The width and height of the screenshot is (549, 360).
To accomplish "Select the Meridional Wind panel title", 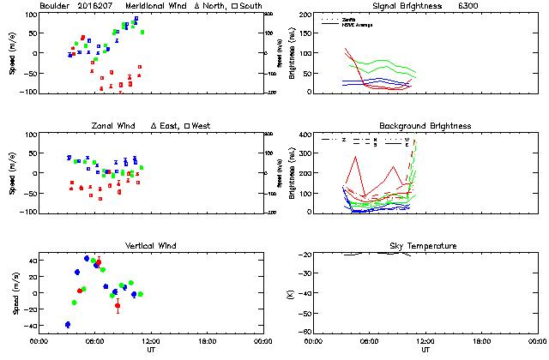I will point(160,6).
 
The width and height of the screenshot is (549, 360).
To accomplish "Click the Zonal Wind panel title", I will point(112,126).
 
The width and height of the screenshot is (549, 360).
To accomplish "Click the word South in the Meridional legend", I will point(252,6).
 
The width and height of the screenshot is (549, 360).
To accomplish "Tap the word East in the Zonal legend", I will point(171,126).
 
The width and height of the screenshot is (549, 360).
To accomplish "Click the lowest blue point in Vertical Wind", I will point(68,324).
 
